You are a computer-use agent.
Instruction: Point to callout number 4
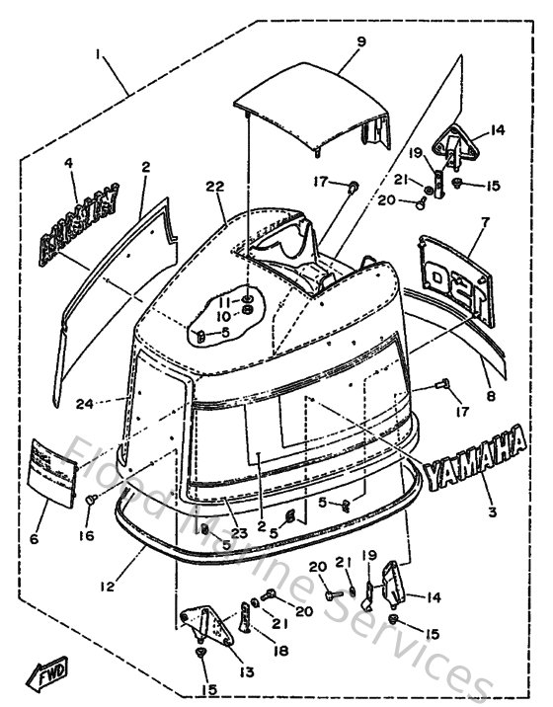click(x=70, y=163)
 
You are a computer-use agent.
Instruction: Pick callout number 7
click(x=485, y=222)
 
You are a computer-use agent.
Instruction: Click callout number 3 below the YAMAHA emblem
click(x=491, y=512)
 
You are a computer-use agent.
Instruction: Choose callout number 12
click(x=108, y=586)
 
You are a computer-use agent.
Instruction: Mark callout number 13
click(x=244, y=671)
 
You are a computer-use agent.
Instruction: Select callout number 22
click(x=214, y=187)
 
